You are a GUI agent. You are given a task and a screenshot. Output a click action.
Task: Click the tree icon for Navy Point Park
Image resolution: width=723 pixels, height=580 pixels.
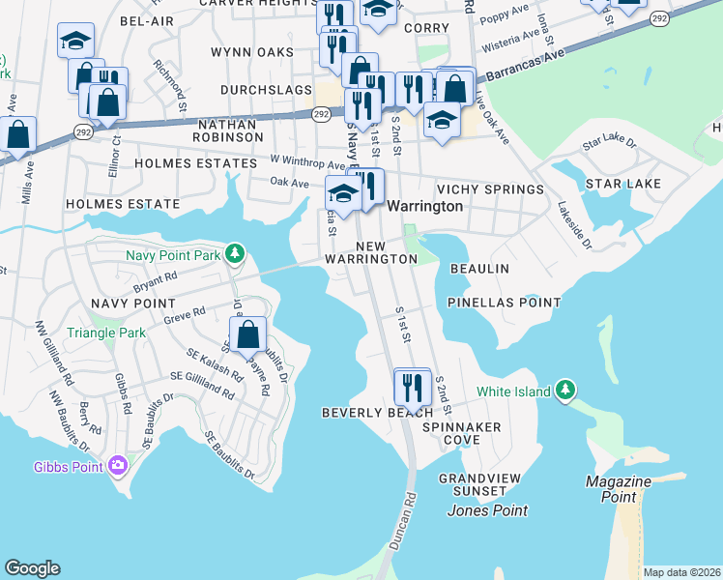[234, 255]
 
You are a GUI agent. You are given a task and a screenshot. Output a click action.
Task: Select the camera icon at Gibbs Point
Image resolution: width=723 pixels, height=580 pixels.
[118, 467]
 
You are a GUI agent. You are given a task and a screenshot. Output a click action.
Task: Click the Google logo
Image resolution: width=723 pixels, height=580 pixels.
[32, 568]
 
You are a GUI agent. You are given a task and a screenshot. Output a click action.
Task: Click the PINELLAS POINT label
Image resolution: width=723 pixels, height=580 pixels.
[504, 303]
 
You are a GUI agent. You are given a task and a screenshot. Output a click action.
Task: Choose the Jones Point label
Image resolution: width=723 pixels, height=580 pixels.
[487, 510]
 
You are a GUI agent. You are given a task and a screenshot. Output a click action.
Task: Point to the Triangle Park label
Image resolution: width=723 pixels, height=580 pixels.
[105, 333]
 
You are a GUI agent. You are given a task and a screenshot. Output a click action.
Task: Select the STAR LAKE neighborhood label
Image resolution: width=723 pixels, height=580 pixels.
[622, 184]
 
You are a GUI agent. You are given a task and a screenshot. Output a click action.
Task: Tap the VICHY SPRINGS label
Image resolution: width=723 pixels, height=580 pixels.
[490, 189]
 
